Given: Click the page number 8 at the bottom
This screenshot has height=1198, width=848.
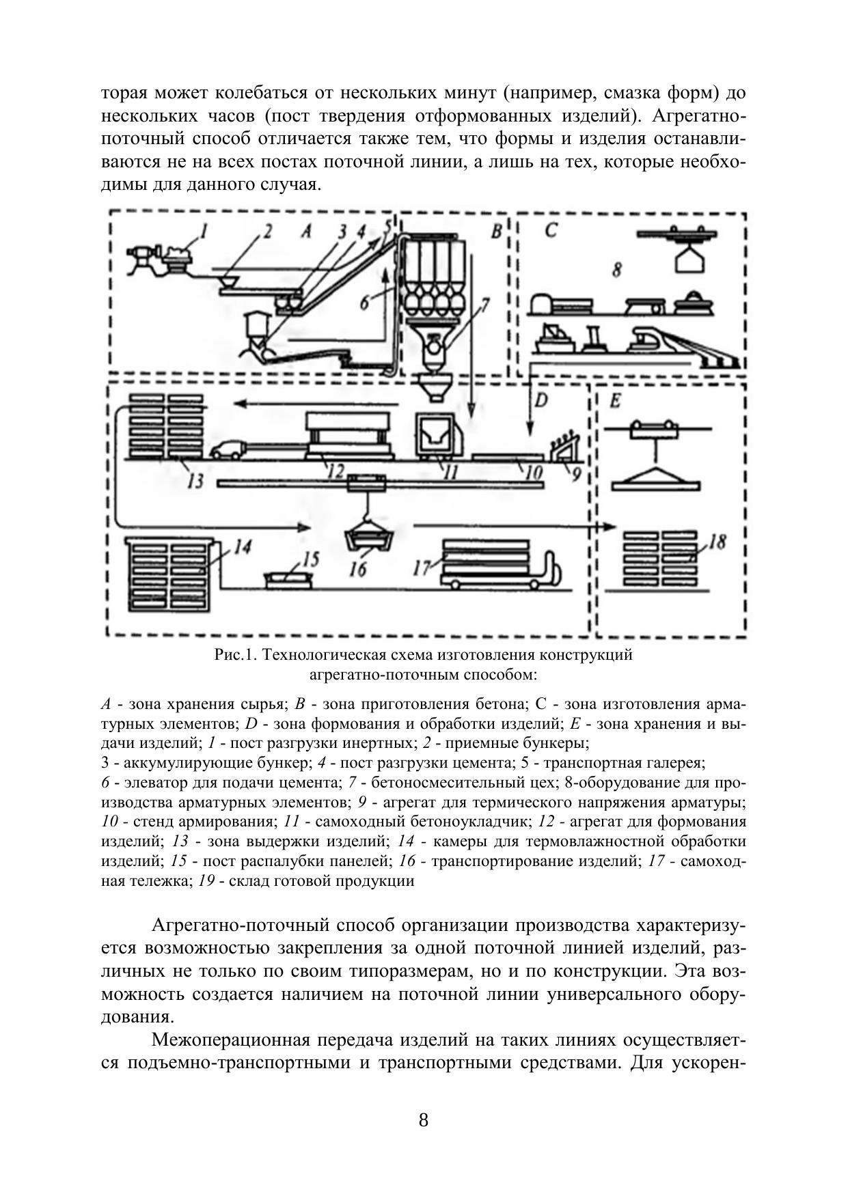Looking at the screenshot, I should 424,1121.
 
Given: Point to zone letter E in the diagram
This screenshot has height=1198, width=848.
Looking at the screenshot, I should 614,401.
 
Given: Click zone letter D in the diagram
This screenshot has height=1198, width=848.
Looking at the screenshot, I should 541,400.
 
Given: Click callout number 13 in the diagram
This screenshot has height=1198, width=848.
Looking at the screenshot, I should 195,481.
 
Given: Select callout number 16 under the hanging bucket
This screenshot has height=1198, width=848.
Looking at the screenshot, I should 358,568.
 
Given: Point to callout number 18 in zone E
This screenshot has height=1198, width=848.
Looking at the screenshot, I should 717,543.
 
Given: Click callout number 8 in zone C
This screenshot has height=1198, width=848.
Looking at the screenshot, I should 616,270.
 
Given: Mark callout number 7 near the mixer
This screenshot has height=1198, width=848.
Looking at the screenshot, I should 484,305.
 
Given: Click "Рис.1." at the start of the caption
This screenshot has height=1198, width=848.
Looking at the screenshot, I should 234,655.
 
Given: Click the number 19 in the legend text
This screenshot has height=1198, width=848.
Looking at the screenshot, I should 207,881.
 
